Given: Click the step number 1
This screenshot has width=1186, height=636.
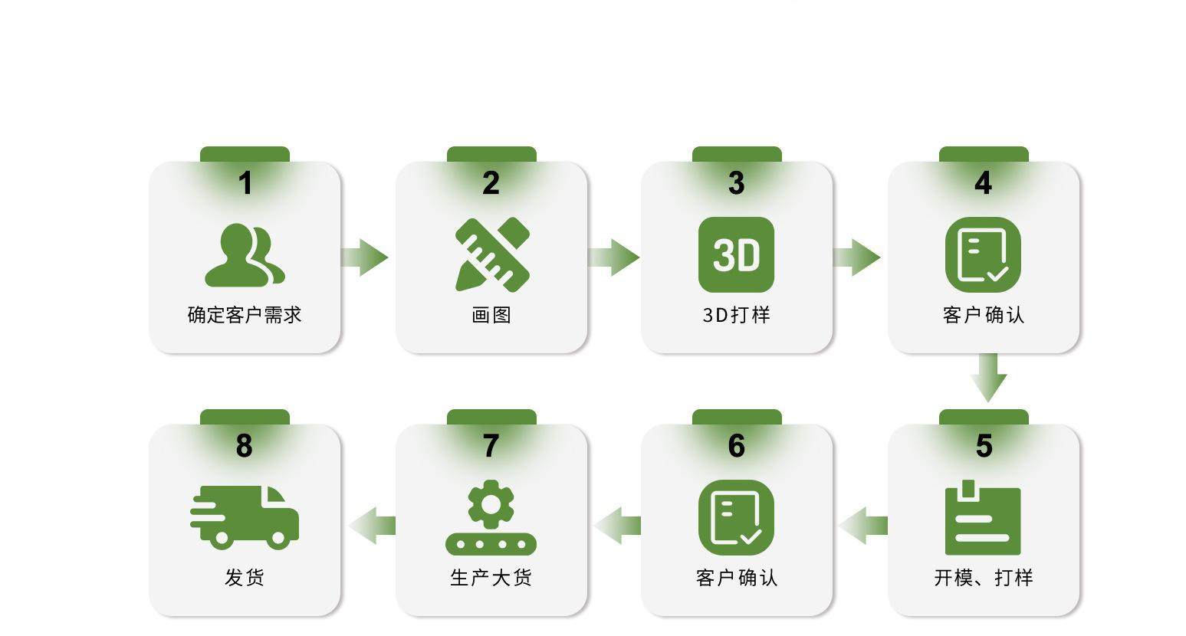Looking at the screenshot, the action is (x=245, y=184).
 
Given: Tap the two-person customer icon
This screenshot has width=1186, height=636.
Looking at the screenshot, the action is (x=245, y=255).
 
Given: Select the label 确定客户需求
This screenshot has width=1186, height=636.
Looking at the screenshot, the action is (x=245, y=315).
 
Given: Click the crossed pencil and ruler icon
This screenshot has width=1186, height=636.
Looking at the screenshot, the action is (x=492, y=254).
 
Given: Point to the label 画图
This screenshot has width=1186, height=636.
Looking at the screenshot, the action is (x=491, y=315).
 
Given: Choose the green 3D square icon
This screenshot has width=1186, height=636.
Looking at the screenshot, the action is (x=736, y=255).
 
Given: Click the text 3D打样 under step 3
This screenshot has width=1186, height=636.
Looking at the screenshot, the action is (x=736, y=315).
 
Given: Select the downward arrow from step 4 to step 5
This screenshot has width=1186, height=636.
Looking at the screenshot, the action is (x=988, y=378).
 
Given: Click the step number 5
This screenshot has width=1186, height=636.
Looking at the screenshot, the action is (x=984, y=446).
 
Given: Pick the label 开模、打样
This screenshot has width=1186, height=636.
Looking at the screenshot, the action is (x=983, y=578).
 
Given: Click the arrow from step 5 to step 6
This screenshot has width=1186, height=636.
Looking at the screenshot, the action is (x=862, y=526).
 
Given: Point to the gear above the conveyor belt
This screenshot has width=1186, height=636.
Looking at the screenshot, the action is (x=491, y=503).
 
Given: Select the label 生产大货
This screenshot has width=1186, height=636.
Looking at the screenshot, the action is (x=491, y=578).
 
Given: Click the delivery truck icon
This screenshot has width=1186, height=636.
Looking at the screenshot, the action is (x=245, y=517).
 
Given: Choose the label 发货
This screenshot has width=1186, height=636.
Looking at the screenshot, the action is (x=245, y=578).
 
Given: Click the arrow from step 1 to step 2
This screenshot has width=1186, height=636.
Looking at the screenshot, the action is (x=365, y=257).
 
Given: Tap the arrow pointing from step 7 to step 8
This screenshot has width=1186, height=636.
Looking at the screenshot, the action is (x=373, y=526).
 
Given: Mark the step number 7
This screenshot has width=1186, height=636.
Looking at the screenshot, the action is (x=491, y=446).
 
